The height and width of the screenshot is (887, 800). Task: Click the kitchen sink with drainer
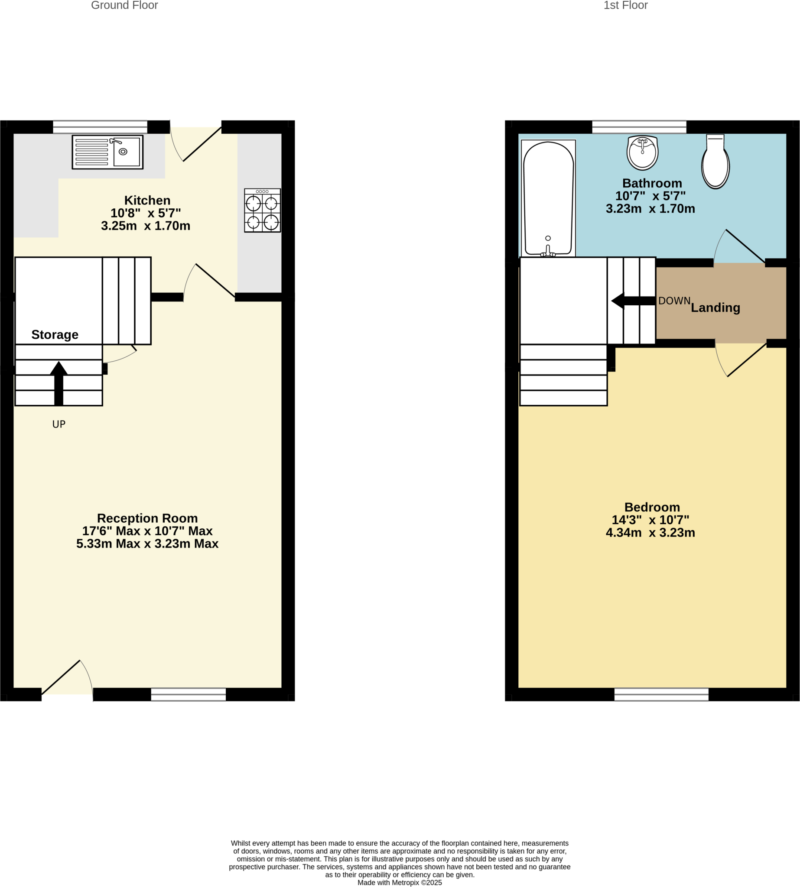tap(107, 152)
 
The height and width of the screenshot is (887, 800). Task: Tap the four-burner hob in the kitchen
tap(263, 210)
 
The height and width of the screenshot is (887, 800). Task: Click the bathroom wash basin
tap(642, 152)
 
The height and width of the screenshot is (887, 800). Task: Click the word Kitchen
tap(147, 201)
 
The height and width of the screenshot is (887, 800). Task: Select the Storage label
tap(55, 335)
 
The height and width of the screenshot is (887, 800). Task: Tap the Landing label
tap(715, 308)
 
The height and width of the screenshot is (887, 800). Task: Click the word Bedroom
tap(652, 508)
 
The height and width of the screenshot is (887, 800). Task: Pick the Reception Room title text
tap(147, 518)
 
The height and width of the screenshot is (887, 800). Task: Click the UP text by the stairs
tap(59, 424)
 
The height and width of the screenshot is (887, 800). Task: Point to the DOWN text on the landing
tap(674, 301)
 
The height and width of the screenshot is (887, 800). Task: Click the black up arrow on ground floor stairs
tap(59, 383)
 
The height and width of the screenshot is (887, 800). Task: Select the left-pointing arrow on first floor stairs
tap(633, 301)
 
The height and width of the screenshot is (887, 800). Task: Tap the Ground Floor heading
tap(124, 5)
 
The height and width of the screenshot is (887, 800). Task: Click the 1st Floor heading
tap(625, 5)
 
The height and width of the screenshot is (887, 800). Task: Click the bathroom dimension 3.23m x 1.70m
tap(650, 209)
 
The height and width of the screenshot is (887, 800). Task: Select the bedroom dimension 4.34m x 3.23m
tap(650, 533)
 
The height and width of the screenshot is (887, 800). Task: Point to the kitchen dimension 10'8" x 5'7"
tap(146, 213)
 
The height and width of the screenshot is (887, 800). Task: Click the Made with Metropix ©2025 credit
tap(400, 883)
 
